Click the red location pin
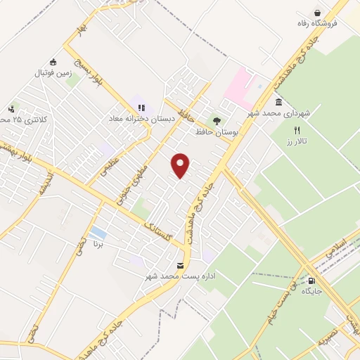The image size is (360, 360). tap(181, 165)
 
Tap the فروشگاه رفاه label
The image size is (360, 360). tap(318, 24)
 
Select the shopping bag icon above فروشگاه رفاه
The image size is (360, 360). tap(318, 12)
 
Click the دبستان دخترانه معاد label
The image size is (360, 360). tap(141, 118)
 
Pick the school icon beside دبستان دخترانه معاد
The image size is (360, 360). tap(141, 108)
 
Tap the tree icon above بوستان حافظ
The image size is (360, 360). tap(216, 120)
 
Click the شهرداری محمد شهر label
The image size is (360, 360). tap(278, 112)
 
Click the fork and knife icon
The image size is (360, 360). tap(297, 130)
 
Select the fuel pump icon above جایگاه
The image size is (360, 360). tap(311, 280)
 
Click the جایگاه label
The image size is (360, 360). tap(311, 290)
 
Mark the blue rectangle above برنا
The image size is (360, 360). tap(99, 233)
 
